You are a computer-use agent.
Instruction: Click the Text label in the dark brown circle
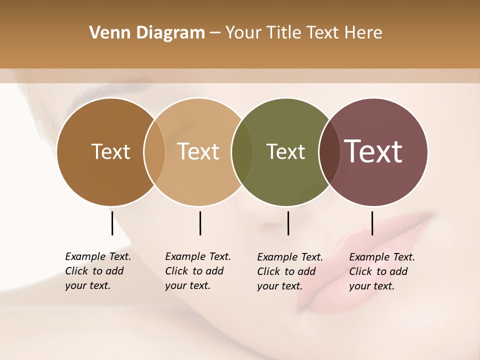click(x=111, y=151)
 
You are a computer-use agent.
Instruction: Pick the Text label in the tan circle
click(x=198, y=151)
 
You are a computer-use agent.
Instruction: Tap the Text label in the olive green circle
click(x=285, y=151)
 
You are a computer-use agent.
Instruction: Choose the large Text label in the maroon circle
click(x=373, y=151)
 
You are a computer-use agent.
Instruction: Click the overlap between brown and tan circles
click(x=154, y=152)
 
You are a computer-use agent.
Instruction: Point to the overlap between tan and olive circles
click(x=242, y=152)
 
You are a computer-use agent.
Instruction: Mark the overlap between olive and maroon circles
click(x=329, y=152)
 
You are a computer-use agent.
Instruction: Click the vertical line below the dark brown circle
click(x=112, y=223)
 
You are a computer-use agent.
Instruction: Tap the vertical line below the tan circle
click(x=200, y=223)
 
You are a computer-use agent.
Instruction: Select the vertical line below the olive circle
click(x=288, y=223)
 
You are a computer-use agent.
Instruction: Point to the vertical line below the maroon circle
click(x=372, y=223)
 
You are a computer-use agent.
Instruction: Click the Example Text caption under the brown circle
click(x=98, y=271)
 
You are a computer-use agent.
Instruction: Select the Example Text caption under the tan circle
click(x=198, y=271)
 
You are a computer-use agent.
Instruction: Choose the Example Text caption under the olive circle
click(x=290, y=271)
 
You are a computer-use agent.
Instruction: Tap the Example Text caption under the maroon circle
click(x=382, y=271)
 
